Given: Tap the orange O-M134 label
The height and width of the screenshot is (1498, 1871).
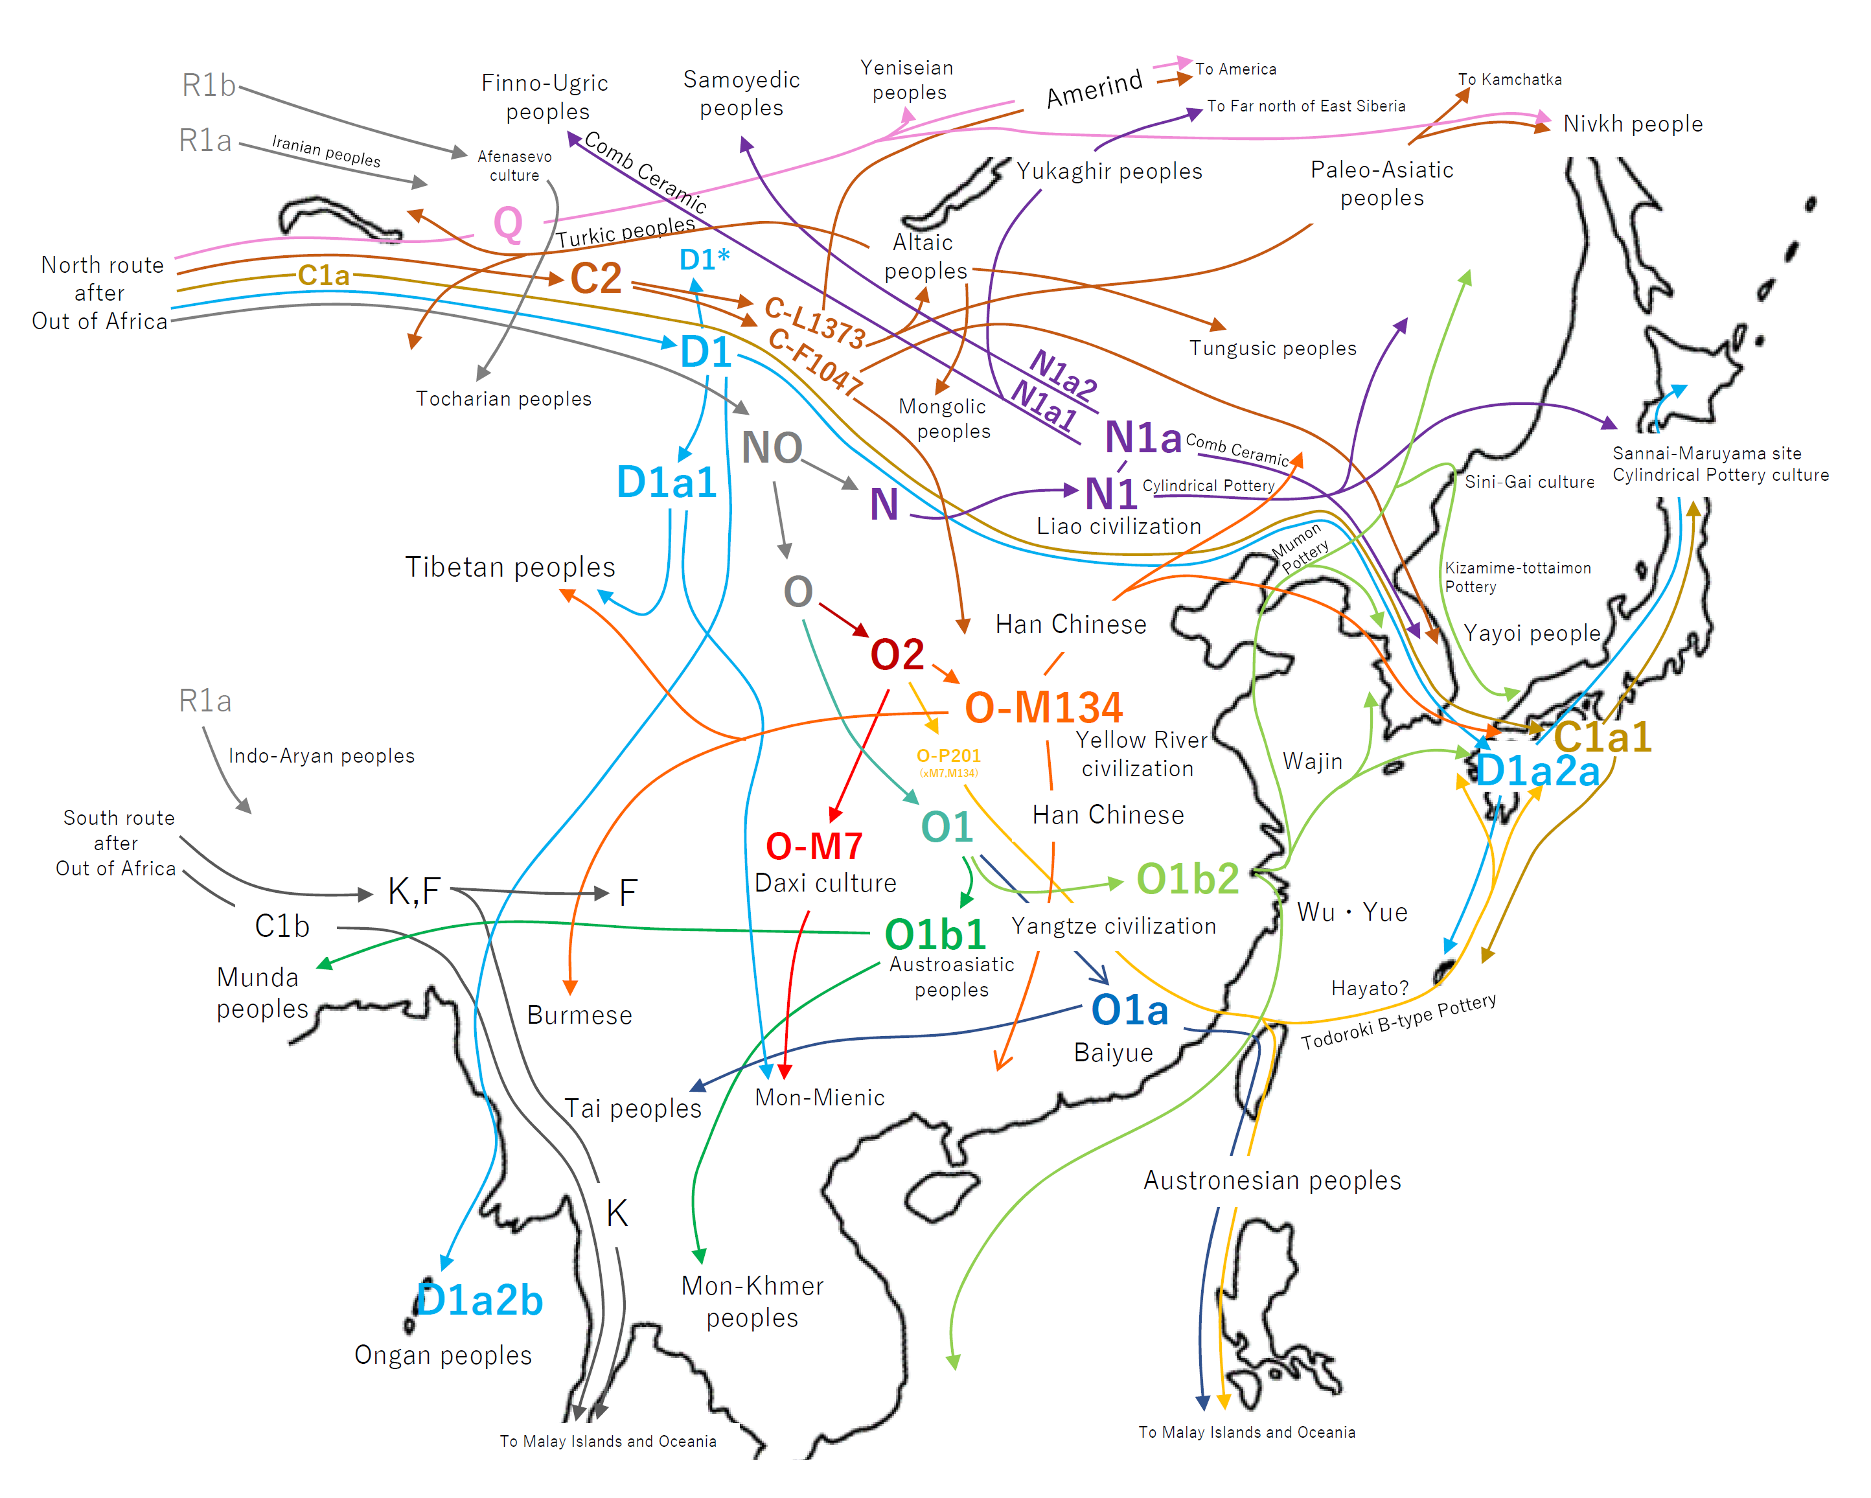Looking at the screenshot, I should (x=1043, y=708).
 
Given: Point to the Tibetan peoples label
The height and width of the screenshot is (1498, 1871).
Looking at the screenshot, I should (x=511, y=567).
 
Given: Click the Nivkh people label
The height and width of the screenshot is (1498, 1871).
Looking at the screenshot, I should (x=1633, y=124).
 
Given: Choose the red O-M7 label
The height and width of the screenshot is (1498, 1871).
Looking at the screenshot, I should (x=814, y=846).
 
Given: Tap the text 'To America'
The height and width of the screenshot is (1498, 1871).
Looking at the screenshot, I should (x=1235, y=69).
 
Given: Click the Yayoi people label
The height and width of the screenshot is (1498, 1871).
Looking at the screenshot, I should (x=1532, y=633).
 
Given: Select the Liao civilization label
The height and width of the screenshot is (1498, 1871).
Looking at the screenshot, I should (x=1119, y=526).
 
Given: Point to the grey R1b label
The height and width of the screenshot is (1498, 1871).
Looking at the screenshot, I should (x=208, y=85).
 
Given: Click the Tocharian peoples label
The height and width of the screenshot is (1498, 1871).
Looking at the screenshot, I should (x=503, y=398).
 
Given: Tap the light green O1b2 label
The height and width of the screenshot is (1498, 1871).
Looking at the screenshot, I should (x=1187, y=879).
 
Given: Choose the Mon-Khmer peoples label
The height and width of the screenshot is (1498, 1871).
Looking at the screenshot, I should (x=752, y=1301).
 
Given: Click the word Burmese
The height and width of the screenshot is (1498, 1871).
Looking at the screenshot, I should (x=580, y=1015).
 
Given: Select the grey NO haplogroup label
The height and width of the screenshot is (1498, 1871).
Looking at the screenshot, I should (x=772, y=448).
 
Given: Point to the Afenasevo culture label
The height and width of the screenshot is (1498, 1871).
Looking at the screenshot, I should (x=514, y=166).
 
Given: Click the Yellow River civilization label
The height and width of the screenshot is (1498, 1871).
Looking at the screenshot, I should (x=1140, y=754).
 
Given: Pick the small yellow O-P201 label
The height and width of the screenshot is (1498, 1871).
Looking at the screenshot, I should (x=948, y=756).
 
